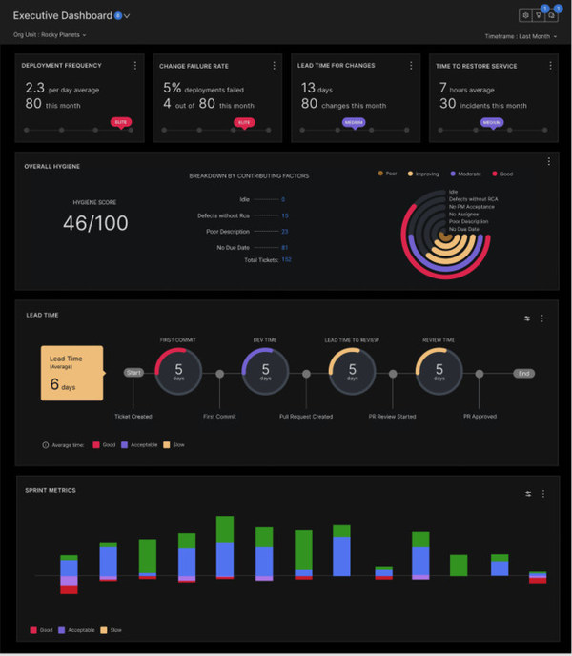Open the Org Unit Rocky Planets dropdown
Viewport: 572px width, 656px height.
click(x=50, y=35)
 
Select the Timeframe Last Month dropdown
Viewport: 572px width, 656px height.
click(x=521, y=36)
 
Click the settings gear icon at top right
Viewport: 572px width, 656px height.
click(x=525, y=15)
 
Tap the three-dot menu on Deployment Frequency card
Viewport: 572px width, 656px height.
click(x=134, y=66)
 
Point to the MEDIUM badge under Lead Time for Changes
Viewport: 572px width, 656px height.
click(x=353, y=122)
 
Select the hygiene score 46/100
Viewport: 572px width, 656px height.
click(x=94, y=224)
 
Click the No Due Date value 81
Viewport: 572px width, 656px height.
click(x=285, y=246)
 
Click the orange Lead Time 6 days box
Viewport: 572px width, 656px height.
click(x=71, y=373)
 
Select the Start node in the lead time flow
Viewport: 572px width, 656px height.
click(x=133, y=373)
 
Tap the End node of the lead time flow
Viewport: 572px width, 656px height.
click(x=523, y=373)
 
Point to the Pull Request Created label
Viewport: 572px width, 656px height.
click(x=305, y=417)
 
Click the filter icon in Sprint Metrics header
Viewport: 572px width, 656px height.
click(x=527, y=493)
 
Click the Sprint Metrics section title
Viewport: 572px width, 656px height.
click(x=51, y=490)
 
